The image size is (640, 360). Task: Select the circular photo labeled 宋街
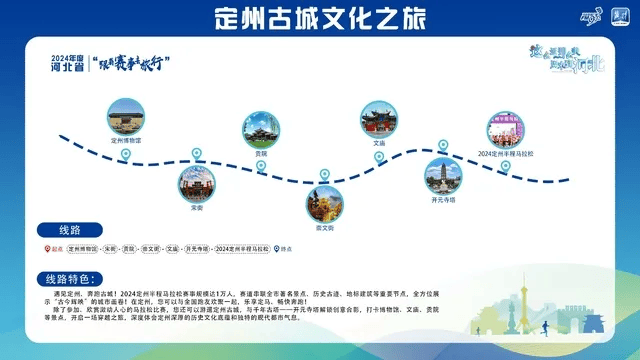pos(196,182)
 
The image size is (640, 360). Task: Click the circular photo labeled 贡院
pos(261,130)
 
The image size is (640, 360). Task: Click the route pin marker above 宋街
pos(196,154)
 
